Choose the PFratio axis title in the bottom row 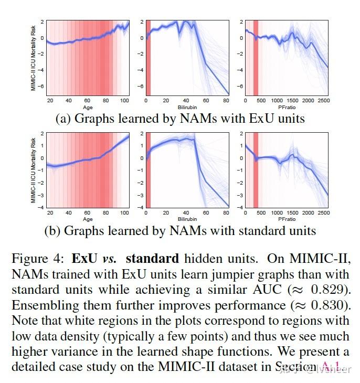pyautogui.click(x=287, y=219)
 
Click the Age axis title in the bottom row pyautogui.click(x=87, y=219)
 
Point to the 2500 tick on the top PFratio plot pyautogui.click(x=324, y=100)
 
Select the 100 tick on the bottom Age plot pyautogui.click(x=124, y=213)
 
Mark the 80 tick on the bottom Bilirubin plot pyautogui.click(x=226, y=213)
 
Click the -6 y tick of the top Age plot pyautogui.click(x=41, y=86)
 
